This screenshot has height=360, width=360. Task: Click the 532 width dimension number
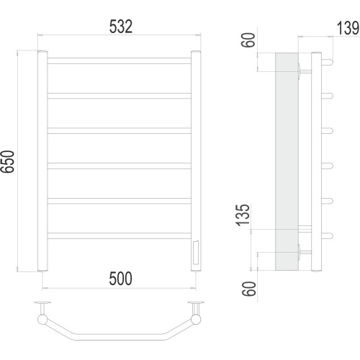pos(121,27)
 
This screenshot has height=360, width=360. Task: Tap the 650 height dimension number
pos(7,161)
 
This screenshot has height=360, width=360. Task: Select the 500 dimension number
pos(120,279)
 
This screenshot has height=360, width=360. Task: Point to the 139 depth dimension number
pos(348,28)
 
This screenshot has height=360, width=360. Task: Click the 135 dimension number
pos(243,215)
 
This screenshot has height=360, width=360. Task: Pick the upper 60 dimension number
pos(248,40)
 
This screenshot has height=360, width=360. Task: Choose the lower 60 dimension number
pos(249,289)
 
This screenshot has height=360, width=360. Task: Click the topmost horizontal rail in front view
pos(120,60)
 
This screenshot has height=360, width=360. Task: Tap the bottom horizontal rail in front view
pos(120,235)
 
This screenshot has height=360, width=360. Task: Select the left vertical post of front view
pos(42,161)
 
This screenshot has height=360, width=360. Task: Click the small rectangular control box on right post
pos(195,252)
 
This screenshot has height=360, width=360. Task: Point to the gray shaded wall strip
pos(287,161)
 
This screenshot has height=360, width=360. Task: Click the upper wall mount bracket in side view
pos(305,71)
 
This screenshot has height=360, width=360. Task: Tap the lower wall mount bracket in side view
pos(305,252)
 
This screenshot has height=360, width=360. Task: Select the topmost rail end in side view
pos(327,62)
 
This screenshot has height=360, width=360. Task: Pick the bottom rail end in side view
pos(327,235)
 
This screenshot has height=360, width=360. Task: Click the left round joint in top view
pos(42,320)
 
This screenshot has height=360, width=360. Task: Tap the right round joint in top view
pos(196,320)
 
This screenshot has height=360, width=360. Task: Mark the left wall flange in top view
pos(42,302)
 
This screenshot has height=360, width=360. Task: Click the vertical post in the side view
pos(316,161)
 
